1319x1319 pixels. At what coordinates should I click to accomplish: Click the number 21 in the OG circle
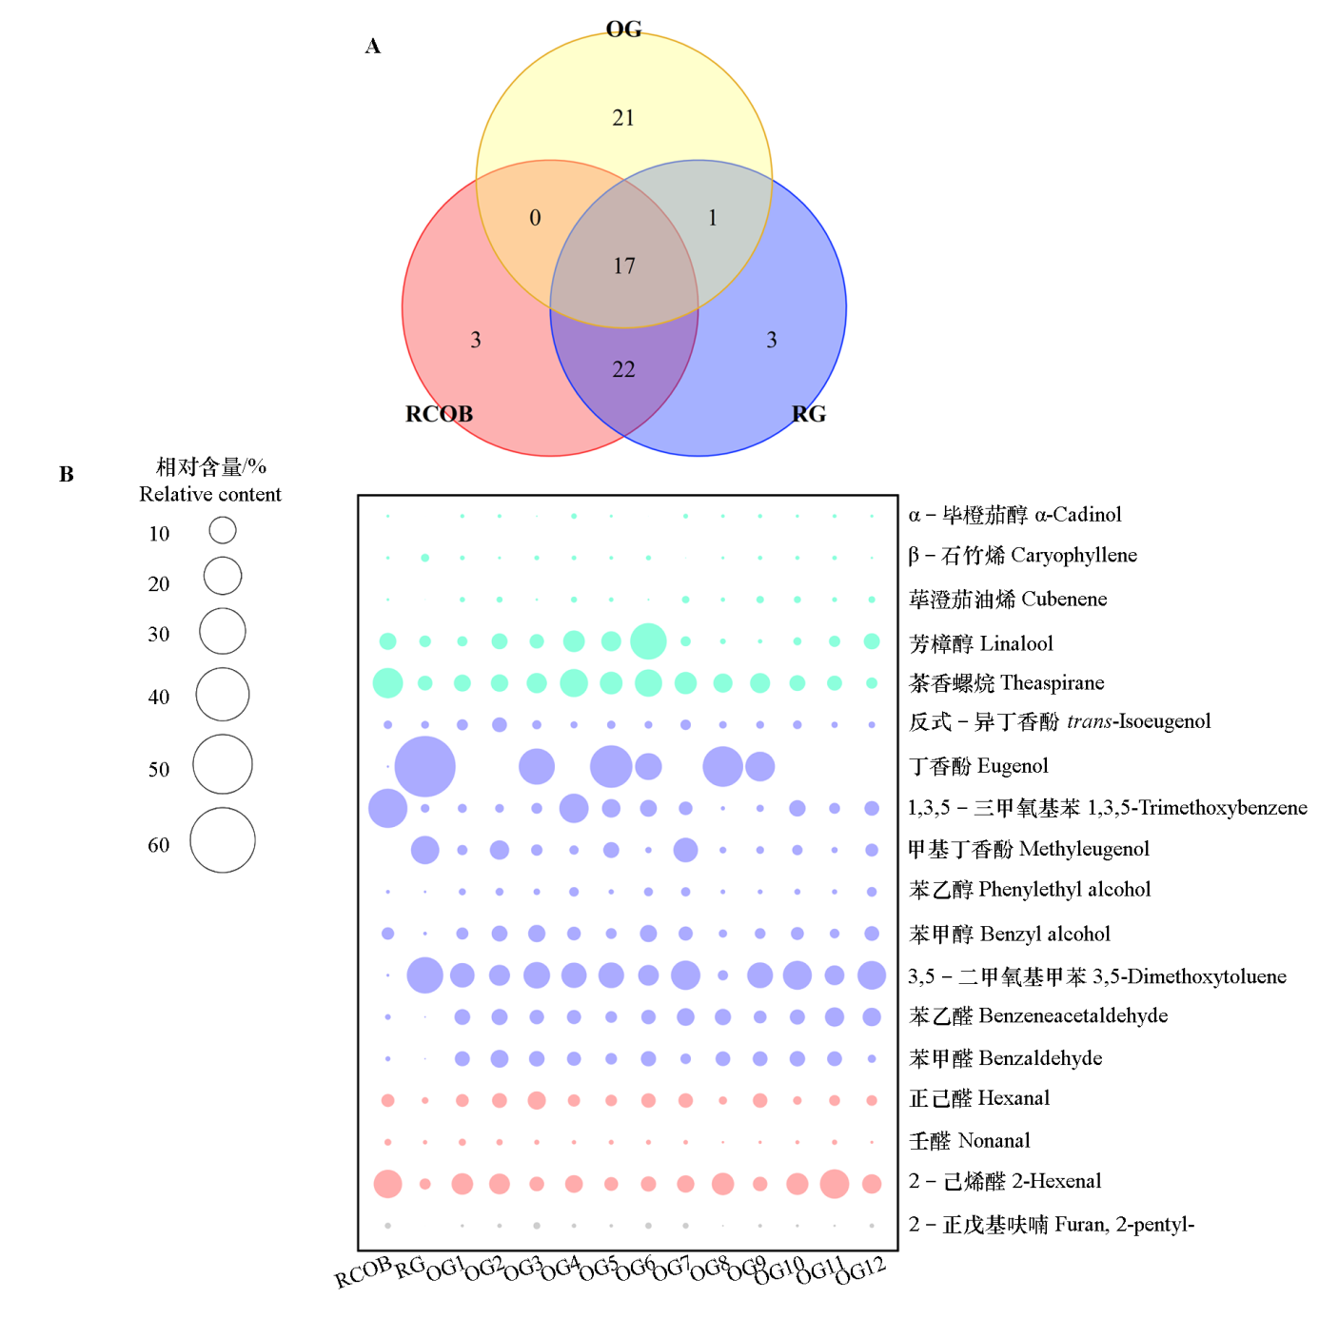(623, 118)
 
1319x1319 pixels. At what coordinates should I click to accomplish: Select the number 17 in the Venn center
(624, 266)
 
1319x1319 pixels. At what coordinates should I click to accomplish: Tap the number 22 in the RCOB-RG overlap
(623, 369)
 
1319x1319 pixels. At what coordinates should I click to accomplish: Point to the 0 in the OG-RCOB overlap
(535, 218)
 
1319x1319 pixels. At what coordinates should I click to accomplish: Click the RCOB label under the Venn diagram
(439, 414)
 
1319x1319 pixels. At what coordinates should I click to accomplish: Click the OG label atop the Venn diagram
(623, 30)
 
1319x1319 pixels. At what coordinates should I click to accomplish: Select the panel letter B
(67, 474)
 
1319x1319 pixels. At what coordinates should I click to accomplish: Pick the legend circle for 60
(223, 840)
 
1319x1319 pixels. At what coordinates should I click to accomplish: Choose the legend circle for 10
(223, 530)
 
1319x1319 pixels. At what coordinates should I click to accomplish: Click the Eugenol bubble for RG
(424, 766)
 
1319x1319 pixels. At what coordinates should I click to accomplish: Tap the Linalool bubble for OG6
(648, 641)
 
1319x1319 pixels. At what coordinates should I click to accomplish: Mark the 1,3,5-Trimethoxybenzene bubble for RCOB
(387, 808)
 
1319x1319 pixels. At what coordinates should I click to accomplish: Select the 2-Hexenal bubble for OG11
(835, 1184)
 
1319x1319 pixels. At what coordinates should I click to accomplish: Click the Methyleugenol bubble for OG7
(685, 850)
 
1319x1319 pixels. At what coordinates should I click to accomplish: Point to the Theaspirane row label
(1006, 683)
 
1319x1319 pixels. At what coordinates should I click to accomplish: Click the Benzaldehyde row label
(1005, 1058)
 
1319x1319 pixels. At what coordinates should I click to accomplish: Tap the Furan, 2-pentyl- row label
(1051, 1225)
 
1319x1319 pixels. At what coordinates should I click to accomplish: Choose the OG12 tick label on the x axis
(860, 1270)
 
